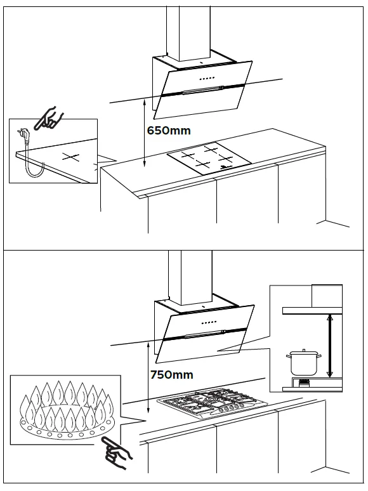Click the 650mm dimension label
point(168,130)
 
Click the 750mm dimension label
point(171,374)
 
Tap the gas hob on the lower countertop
point(207,404)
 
